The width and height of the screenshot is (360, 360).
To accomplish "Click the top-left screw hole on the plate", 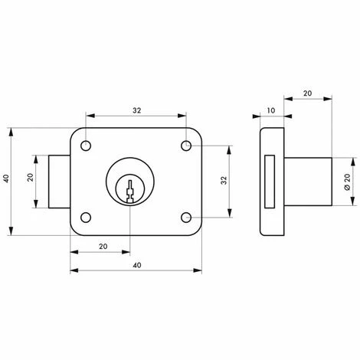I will pos(87,145).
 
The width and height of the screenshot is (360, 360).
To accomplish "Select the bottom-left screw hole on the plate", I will pos(87,217).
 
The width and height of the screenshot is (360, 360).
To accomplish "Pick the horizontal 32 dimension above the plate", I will pos(136,110).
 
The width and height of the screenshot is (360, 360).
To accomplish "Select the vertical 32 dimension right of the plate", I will pos(223,181).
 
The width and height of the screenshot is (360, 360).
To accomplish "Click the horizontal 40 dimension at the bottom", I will pos(136,264).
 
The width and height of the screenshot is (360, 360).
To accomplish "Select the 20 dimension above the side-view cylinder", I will pos(307,93).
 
